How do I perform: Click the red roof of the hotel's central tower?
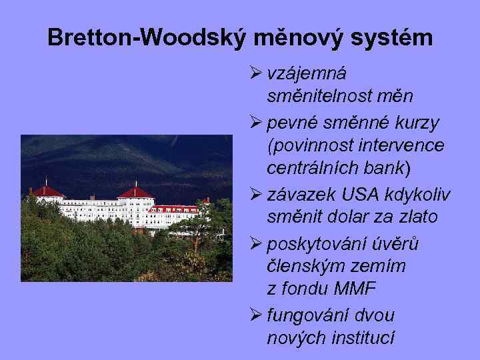[135, 193]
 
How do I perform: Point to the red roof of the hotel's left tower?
[47, 191]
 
